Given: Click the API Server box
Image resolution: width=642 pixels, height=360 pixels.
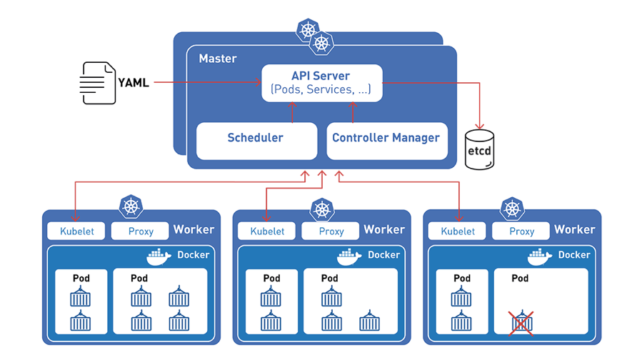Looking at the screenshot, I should coord(321,83).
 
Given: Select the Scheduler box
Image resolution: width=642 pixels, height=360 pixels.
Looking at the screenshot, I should coord(256,139).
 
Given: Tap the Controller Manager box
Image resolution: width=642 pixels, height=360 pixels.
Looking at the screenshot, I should coord(386,139).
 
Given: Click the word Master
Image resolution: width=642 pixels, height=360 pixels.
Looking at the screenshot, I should coord(218,58).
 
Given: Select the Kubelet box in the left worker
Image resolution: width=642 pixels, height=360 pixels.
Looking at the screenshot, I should coord(76,231).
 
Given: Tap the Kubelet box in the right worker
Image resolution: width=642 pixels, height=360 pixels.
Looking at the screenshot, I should coord(458,231).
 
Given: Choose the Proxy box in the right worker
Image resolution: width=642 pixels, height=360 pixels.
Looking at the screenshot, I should coord(522,231).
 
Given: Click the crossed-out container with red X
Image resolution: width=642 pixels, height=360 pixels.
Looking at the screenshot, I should coord(521,322).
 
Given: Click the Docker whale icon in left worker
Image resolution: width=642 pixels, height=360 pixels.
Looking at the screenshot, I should coord(159,256).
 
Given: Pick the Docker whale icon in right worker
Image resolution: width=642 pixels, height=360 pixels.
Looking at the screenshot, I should coord(541,256).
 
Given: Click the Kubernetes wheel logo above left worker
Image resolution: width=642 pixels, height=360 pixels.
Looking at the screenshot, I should coord(131,206).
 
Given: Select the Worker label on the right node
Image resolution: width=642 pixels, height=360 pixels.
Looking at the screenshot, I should coord(574,229).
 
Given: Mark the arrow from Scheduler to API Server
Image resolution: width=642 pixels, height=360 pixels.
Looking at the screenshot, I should coord(292,111).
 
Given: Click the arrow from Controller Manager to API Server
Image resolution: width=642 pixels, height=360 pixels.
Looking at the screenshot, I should coord(352,111).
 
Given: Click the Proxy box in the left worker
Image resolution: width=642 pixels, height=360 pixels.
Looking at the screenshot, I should coord(141,231).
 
